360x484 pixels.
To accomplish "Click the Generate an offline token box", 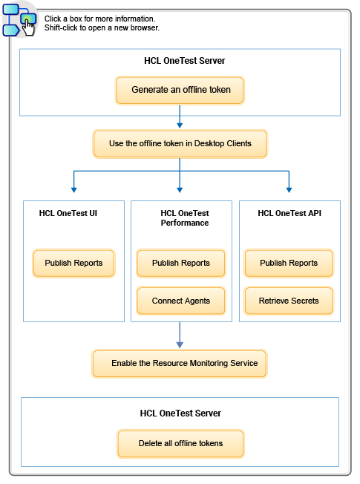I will (x=180, y=90).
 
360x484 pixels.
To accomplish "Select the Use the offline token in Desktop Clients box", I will (x=180, y=144).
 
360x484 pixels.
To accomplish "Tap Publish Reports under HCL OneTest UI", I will (x=73, y=264).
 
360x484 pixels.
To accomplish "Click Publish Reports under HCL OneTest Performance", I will (x=180, y=264).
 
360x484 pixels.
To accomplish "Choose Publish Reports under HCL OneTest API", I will (x=289, y=264).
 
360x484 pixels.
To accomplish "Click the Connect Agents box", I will (x=180, y=301).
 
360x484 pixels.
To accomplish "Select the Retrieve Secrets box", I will (x=289, y=301).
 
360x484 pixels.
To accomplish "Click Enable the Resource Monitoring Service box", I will (x=179, y=364).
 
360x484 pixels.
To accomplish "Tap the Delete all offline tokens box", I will (x=180, y=444).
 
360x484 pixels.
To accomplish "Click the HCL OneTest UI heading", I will (x=68, y=213).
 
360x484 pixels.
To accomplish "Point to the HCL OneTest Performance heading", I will (x=184, y=218).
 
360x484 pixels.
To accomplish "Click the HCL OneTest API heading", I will (x=289, y=213).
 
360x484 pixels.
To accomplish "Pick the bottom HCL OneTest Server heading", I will (x=180, y=413).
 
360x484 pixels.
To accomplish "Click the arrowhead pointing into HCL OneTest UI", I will (x=73, y=188).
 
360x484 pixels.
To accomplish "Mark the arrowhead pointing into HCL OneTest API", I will (x=289, y=188).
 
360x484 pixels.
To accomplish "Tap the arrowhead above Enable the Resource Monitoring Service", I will (x=180, y=344).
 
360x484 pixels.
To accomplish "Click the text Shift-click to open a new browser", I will (x=102, y=28).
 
